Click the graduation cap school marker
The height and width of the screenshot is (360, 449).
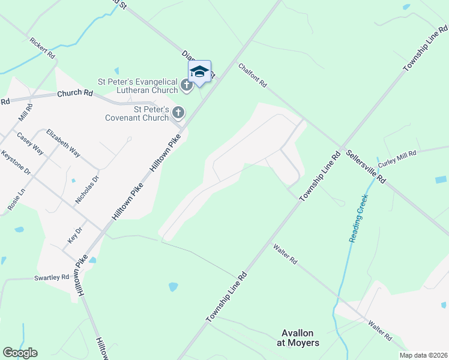point(199,73)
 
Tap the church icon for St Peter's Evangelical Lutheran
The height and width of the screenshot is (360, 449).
point(187,86)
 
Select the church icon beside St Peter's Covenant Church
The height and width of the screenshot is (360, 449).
point(178,112)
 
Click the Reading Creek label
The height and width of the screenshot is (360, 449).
point(359,217)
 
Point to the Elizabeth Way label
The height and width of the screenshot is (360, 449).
point(63,143)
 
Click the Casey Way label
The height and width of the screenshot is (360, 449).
point(30,143)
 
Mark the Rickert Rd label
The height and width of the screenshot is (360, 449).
point(43,48)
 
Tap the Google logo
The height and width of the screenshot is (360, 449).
point(20,353)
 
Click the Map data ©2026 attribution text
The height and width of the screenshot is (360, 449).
point(423,355)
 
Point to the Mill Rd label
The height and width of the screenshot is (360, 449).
point(26,113)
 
